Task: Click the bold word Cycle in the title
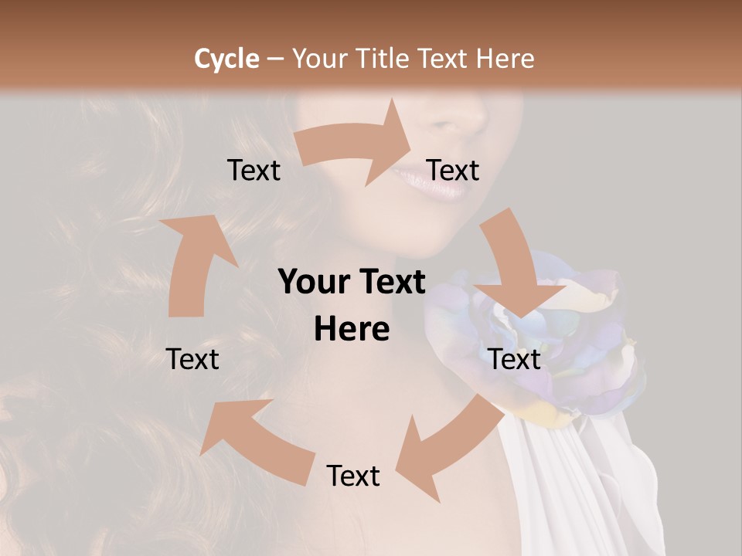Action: click(226, 59)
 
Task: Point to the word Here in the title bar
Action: click(505, 59)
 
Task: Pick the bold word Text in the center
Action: click(390, 283)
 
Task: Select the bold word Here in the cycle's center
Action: click(352, 330)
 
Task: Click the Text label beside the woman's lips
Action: click(453, 171)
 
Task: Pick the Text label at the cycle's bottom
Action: click(353, 476)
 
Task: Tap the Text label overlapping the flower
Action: click(515, 359)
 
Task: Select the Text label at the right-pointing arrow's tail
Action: click(254, 171)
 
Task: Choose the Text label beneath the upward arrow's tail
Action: click(193, 359)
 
